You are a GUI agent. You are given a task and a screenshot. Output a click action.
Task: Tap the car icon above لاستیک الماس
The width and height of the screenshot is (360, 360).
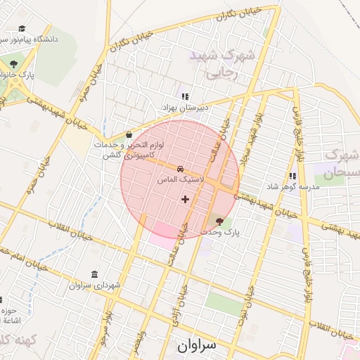pyautogui.click(x=181, y=169)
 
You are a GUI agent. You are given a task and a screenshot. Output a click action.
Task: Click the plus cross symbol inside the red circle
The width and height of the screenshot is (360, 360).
pyautogui.click(x=185, y=199)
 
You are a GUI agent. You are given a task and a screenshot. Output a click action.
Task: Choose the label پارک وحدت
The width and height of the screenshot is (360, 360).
pyautogui.click(x=220, y=231)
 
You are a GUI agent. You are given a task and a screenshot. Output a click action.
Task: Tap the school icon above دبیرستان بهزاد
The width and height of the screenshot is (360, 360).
pyautogui.click(x=185, y=96)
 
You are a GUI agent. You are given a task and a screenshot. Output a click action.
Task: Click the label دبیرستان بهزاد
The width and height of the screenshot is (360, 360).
pyautogui.click(x=182, y=107)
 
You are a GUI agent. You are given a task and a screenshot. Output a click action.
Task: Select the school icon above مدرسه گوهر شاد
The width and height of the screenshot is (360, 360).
pyautogui.click(x=292, y=176)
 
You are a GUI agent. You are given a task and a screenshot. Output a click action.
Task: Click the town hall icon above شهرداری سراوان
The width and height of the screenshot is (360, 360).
pyautogui.click(x=95, y=274)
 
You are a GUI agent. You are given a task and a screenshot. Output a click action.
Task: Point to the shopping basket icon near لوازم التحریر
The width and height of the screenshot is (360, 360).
pyautogui.click(x=129, y=134)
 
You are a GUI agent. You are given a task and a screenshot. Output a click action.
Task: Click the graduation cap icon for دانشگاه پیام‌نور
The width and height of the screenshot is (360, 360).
pyautogui.click(x=22, y=30)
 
